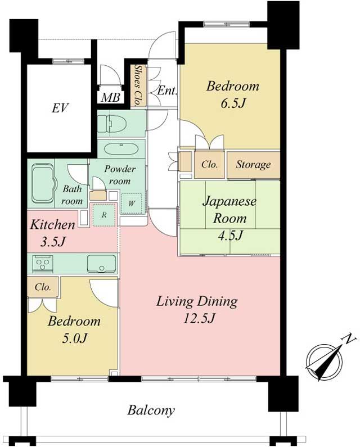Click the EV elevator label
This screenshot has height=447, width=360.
60,108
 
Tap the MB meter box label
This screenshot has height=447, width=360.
110,97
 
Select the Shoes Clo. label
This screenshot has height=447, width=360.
137,86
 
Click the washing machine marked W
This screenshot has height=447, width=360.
132,202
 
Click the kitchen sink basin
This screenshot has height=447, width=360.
101,263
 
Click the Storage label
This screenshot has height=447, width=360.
253,165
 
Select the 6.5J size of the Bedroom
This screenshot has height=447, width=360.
233,104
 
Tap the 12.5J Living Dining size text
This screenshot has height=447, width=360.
197,318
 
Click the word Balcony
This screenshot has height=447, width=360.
151,410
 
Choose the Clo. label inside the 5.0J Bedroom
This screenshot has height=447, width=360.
43,287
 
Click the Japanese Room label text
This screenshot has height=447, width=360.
229,209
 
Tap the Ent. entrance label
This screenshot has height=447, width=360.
167,90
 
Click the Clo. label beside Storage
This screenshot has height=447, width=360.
209,165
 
